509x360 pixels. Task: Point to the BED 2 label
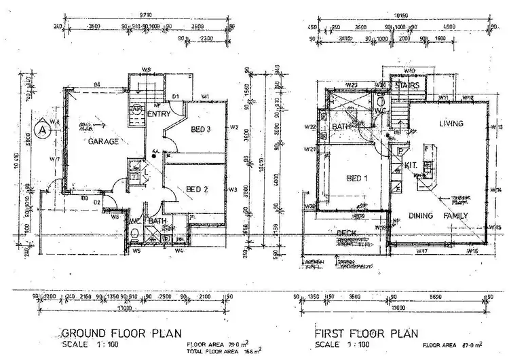(x=196, y=189)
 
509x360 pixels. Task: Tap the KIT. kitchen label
(x=410, y=165)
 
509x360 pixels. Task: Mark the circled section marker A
(x=42, y=127)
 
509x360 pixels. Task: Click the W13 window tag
(x=496, y=127)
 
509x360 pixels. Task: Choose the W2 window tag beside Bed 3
(x=233, y=127)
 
